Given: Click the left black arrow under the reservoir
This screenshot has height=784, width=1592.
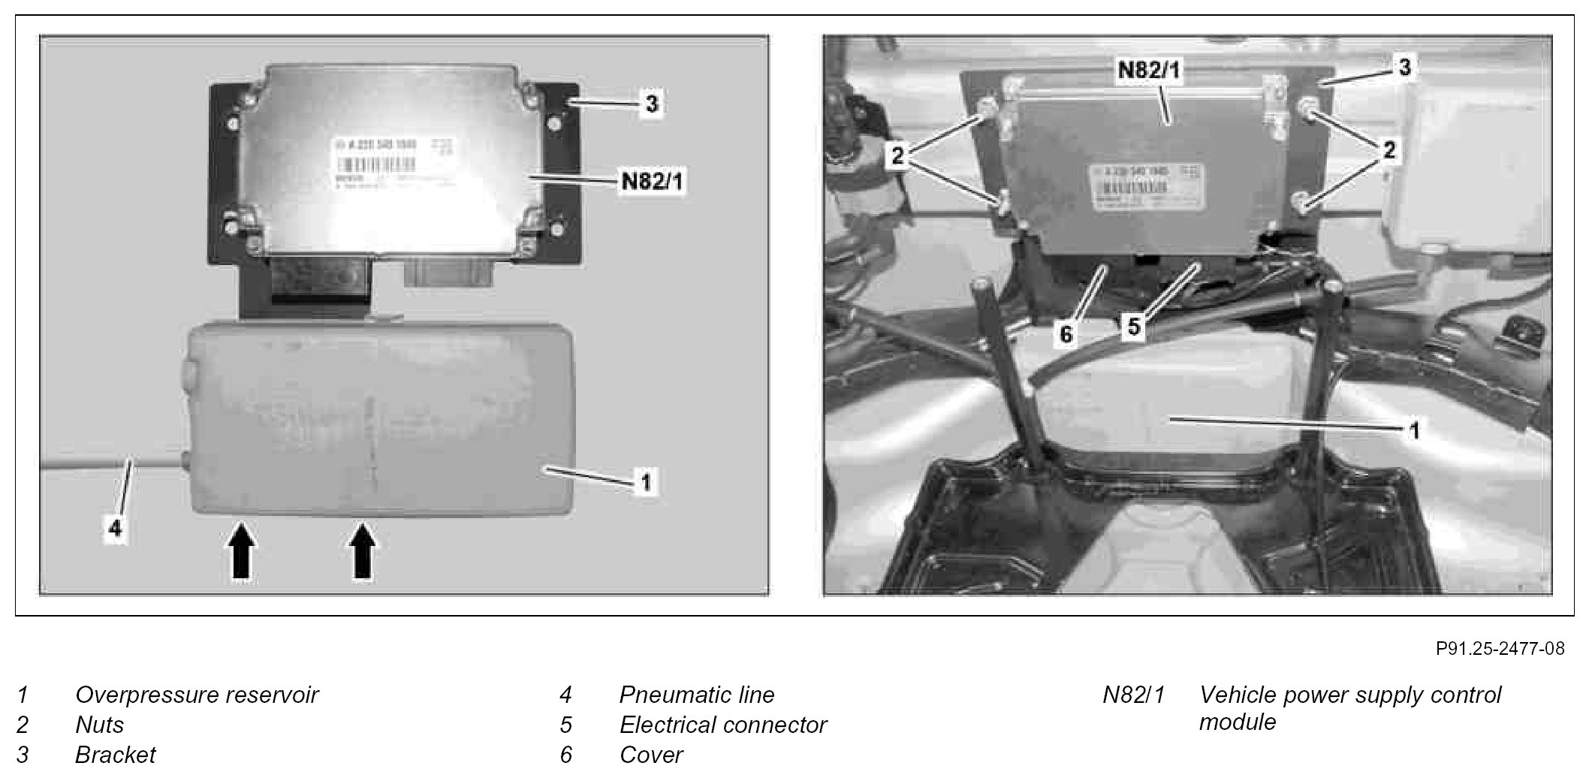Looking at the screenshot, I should click(x=240, y=551).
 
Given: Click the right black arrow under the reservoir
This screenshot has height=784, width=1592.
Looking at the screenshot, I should click(x=363, y=551).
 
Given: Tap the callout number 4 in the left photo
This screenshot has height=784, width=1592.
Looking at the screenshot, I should click(x=114, y=529).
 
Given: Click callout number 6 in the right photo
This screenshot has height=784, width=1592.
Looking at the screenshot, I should click(x=1066, y=333).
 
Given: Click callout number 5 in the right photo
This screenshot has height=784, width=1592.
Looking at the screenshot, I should click(x=1133, y=326).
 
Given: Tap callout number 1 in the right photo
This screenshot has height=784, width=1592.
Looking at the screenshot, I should click(x=1414, y=431).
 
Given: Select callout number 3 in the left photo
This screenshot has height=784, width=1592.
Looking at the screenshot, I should click(x=651, y=104).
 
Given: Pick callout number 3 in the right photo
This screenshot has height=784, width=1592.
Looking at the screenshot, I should click(x=1404, y=68).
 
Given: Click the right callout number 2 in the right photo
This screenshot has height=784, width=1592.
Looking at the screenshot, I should click(x=1388, y=150).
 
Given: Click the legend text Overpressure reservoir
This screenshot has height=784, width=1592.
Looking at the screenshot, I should click(x=197, y=695).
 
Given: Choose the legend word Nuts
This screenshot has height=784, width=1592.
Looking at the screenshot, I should click(x=99, y=725).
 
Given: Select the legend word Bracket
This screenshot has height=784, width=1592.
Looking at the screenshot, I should click(x=115, y=755).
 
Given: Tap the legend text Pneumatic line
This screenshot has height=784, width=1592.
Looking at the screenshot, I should click(x=696, y=695).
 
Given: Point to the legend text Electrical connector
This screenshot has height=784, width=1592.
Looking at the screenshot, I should click(x=722, y=725).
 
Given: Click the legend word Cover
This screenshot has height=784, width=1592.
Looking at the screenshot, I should click(x=651, y=755).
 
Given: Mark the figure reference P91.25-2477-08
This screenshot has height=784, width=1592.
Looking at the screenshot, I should click(x=1500, y=649).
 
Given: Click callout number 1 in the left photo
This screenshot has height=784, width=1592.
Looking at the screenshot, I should click(x=645, y=481).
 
